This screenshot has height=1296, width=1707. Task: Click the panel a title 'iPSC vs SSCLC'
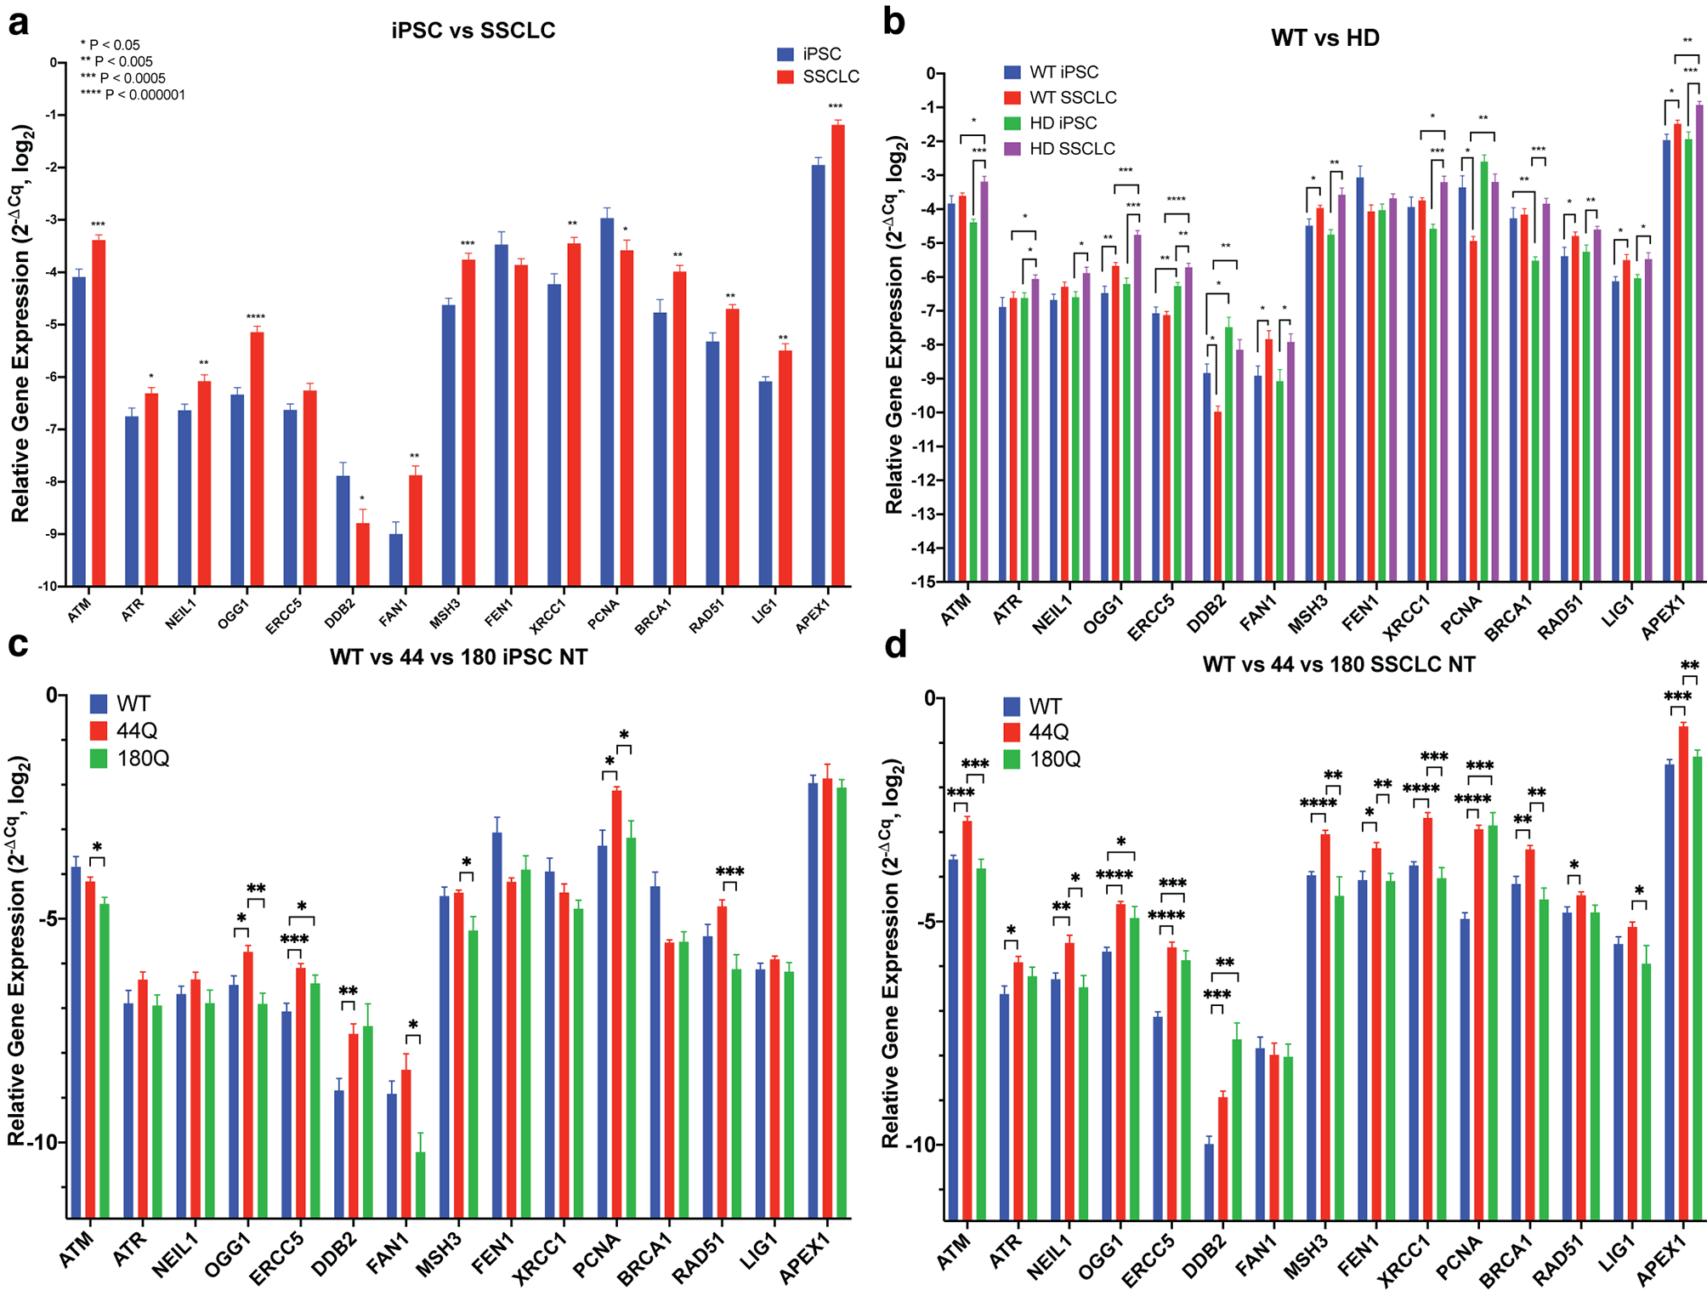point(473,31)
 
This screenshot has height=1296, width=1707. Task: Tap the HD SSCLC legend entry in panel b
point(1059,149)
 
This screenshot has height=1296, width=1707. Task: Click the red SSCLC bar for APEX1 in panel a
point(838,355)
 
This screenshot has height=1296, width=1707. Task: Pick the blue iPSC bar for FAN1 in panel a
point(396,560)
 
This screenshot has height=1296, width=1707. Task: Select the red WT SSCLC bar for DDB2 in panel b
point(1217,497)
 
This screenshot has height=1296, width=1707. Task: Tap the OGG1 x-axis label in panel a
point(233,613)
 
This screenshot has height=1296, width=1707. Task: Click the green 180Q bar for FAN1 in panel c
point(421,1185)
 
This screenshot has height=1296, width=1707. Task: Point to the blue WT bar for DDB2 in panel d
point(1209,1182)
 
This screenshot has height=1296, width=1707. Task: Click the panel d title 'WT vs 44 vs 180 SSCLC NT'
point(1339,665)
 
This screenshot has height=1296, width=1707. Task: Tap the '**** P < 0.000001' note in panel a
point(133,95)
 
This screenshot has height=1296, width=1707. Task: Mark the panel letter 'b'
point(894,21)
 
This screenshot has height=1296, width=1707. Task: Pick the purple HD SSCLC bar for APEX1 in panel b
point(1699,343)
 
